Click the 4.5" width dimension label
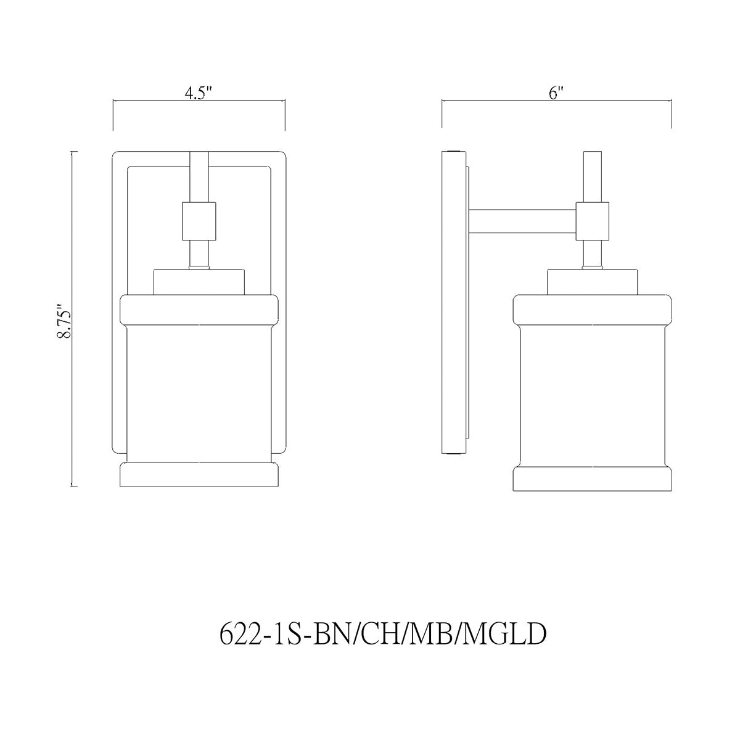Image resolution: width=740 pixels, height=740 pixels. [199, 94]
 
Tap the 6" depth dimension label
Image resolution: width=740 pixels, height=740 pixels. [556, 94]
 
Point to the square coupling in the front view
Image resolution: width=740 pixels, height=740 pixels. [199, 221]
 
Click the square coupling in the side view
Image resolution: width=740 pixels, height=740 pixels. [592, 221]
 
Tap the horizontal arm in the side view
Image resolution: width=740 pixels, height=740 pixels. [522, 221]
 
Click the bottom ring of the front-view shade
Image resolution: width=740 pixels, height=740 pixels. [199, 475]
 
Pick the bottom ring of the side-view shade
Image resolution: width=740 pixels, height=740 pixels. [593, 479]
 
